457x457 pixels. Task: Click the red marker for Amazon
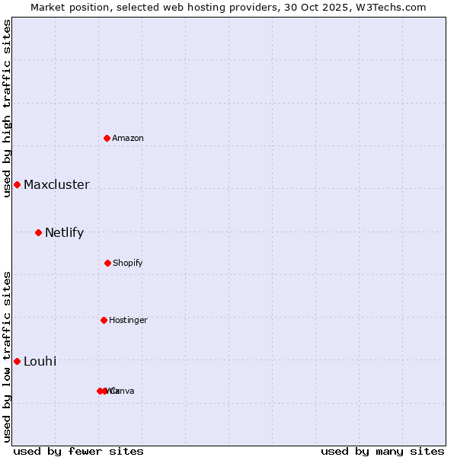pyautogui.click(x=107, y=138)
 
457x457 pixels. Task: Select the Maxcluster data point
pyautogui.click(x=17, y=185)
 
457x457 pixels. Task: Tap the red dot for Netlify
pyautogui.click(x=38, y=232)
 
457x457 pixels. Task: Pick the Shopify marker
pyautogui.click(x=107, y=263)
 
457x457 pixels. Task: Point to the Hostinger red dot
pyautogui.click(x=104, y=320)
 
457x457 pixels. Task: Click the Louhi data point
pyautogui.click(x=17, y=361)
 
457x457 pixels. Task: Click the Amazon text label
pyautogui.click(x=128, y=138)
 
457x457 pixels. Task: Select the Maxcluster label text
pyautogui.click(x=56, y=185)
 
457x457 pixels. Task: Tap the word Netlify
pyautogui.click(x=64, y=233)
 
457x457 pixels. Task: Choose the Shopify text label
pyautogui.click(x=128, y=263)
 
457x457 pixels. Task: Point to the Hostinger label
pyautogui.click(x=128, y=320)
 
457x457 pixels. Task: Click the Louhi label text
pyautogui.click(x=40, y=361)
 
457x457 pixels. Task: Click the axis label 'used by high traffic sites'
pyautogui.click(x=7, y=108)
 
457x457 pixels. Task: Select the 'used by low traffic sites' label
pyautogui.click(x=7, y=356)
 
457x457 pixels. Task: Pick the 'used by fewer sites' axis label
pyautogui.click(x=78, y=451)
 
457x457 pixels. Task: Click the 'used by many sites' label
pyautogui.click(x=382, y=451)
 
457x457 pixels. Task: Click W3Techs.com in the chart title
pyautogui.click(x=394, y=7)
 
